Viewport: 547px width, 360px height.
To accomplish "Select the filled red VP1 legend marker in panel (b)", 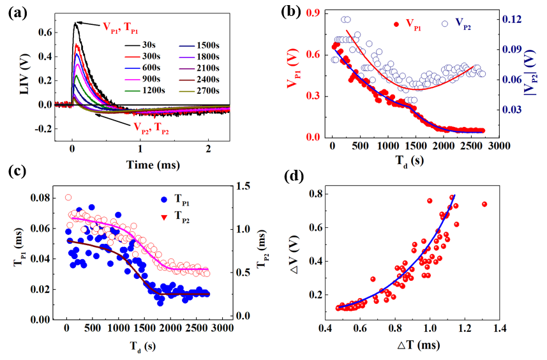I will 397,24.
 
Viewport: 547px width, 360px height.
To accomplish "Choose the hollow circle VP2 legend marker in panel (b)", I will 445,24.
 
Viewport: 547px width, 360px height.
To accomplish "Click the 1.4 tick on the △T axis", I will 498,328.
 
